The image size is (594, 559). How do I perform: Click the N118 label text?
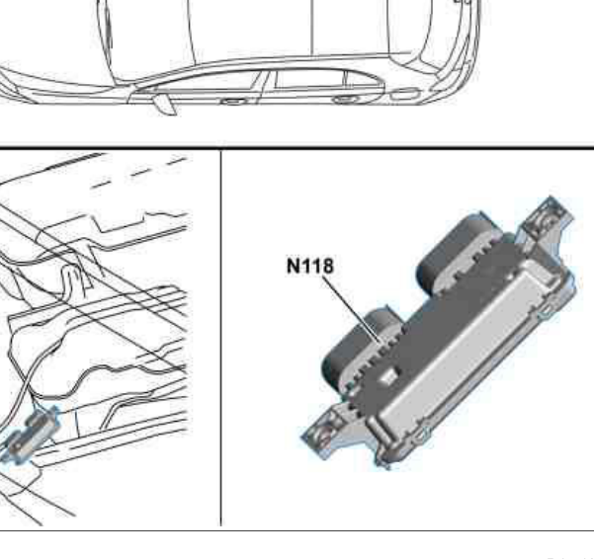[310, 266]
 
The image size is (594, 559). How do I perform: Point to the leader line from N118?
[352, 309]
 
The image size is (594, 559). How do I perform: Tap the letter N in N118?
[294, 266]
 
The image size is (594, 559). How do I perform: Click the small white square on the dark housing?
[389, 376]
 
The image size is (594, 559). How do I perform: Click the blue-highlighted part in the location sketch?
[31, 436]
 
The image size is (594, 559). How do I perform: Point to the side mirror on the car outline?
[164, 104]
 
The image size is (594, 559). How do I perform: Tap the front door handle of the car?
[233, 101]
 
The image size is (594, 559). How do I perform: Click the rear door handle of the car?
[344, 100]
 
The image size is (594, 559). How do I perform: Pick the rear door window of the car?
[310, 79]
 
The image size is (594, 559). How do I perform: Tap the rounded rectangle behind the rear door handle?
[405, 94]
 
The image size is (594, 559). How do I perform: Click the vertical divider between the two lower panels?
[220, 338]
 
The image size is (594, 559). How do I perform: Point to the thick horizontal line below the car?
[297, 146]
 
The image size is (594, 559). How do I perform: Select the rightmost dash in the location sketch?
[177, 161]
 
